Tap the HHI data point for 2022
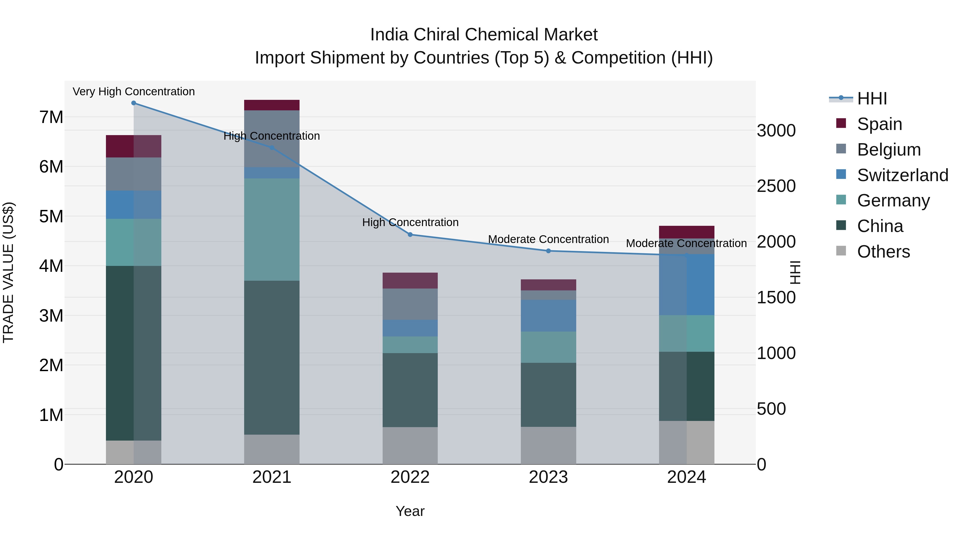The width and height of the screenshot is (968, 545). (410, 234)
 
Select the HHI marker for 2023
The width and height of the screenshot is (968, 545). (548, 251)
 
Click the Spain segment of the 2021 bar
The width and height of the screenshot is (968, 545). (272, 105)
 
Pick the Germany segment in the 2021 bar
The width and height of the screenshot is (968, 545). (272, 229)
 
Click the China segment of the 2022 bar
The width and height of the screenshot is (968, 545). (410, 390)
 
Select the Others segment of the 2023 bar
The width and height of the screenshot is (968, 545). (548, 445)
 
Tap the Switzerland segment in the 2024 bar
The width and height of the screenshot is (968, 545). (686, 284)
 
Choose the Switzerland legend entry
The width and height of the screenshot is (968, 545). (902, 175)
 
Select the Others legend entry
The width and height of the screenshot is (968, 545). (883, 252)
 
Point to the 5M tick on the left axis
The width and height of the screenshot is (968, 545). (51, 217)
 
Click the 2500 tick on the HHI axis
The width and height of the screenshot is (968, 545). (776, 186)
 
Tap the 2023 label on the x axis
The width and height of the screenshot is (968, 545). (548, 477)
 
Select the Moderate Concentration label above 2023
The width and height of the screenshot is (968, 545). (548, 239)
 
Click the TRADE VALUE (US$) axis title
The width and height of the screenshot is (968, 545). (8, 272)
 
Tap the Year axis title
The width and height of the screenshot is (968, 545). (410, 511)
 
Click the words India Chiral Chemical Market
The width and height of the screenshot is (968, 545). (484, 35)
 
